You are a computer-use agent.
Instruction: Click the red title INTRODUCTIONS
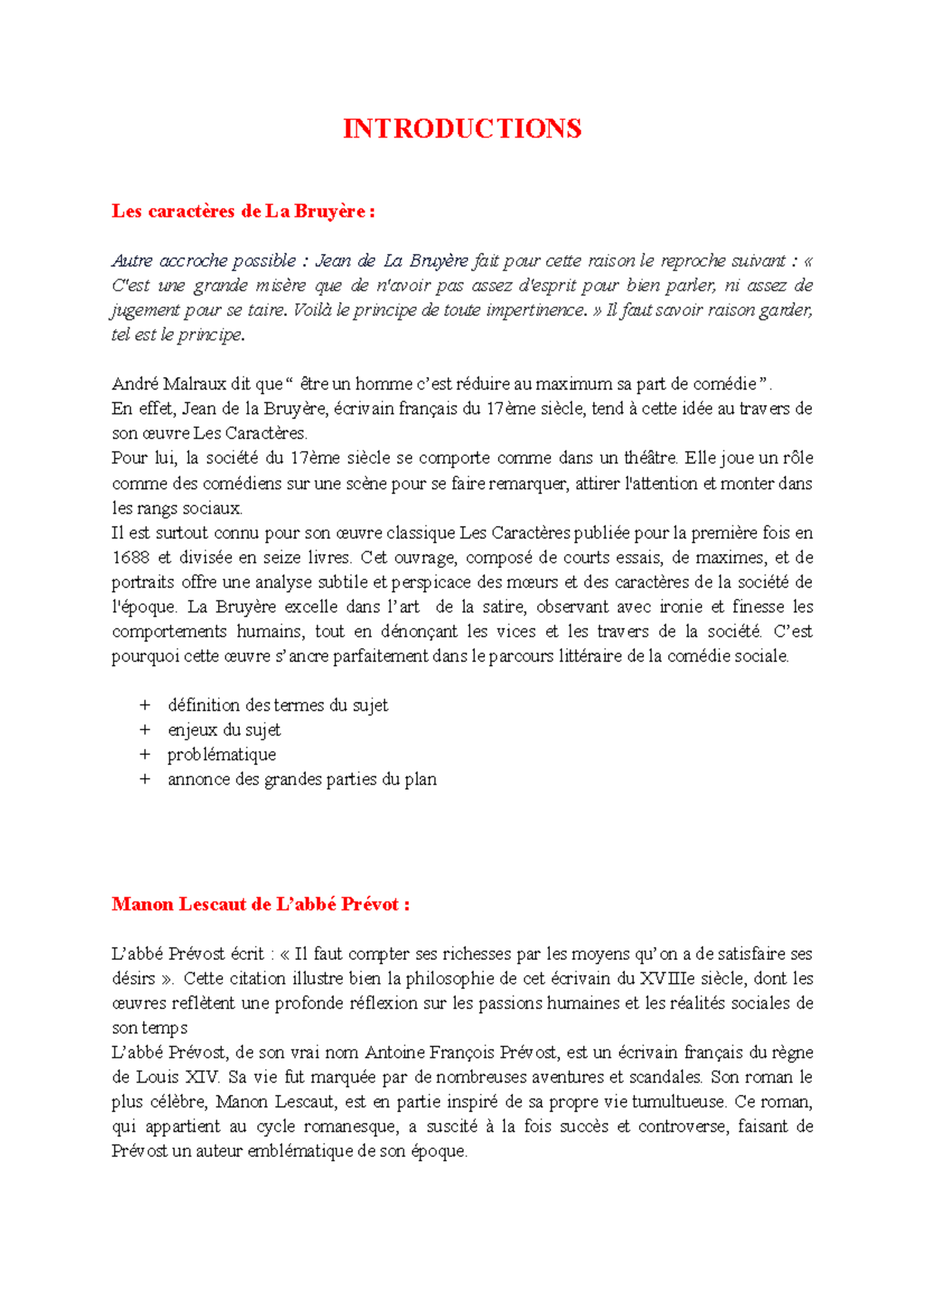coord(462,128)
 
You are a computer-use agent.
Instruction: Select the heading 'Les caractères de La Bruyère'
coord(243,211)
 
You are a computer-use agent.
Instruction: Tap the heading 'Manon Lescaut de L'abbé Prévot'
coord(260,904)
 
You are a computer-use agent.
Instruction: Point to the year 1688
coord(131,558)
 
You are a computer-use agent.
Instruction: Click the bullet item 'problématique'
coord(222,755)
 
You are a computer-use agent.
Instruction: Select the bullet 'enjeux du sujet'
coord(224,730)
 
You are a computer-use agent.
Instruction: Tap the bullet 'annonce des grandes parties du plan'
coord(302,780)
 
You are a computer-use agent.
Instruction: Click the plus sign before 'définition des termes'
coord(144,705)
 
